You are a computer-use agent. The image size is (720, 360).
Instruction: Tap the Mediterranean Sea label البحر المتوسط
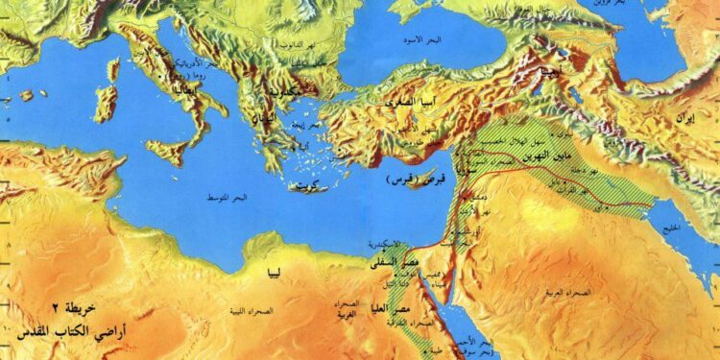227,198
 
